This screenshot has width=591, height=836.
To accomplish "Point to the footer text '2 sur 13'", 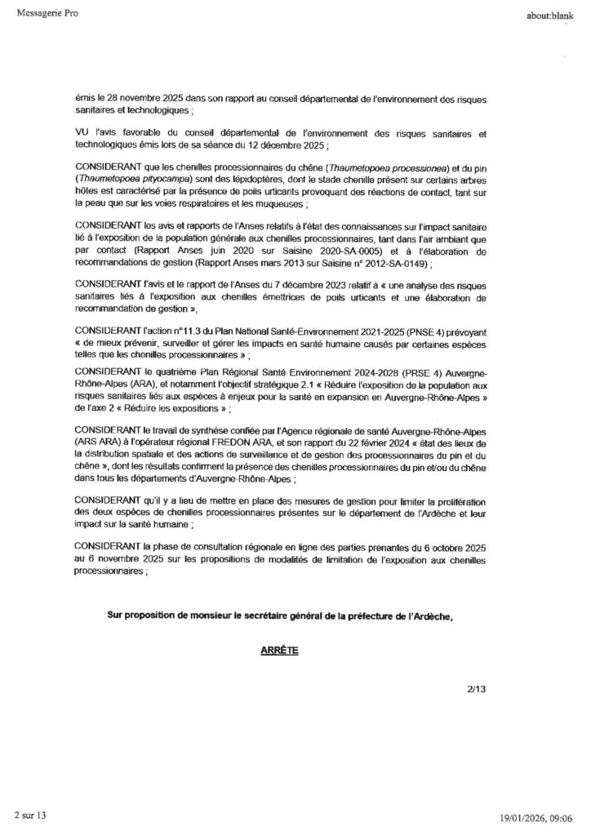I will (x=30, y=816).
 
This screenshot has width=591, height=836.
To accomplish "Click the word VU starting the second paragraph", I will (x=82, y=132).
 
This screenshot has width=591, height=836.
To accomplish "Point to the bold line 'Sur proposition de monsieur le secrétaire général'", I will (x=278, y=616).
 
